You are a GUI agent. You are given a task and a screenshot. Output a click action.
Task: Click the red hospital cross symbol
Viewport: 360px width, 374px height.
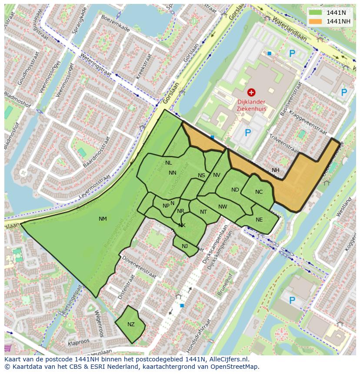(x=251, y=92)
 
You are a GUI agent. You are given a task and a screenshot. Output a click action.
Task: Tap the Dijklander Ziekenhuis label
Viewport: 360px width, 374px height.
(x=251, y=106)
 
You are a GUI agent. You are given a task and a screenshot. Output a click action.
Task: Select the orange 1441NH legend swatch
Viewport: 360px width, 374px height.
(x=316, y=21)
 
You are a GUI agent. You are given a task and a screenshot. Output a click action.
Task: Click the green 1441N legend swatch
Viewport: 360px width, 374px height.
(x=316, y=13)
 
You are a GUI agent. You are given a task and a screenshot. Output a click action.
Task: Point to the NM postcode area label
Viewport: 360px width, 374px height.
(x=103, y=219)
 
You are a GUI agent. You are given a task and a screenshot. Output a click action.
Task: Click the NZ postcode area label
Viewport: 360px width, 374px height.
(x=131, y=324)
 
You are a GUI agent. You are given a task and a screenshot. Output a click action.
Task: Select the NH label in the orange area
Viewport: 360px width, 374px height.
(x=276, y=170)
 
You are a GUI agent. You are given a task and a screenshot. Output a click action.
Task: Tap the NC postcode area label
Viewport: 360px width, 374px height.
(x=259, y=192)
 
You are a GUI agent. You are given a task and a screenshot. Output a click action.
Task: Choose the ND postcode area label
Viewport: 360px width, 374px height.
(x=235, y=190)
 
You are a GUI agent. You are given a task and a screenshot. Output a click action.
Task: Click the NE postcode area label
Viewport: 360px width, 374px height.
(x=259, y=220)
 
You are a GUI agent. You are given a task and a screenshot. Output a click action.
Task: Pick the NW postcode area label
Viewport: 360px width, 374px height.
(x=223, y=207)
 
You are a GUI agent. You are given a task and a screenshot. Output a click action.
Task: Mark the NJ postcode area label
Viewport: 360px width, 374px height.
(x=185, y=246)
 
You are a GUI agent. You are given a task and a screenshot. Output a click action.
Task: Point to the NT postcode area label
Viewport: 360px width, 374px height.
(x=203, y=212)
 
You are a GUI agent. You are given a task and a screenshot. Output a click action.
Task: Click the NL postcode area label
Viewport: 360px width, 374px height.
(x=169, y=163)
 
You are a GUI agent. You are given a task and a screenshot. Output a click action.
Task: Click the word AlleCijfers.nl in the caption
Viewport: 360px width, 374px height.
(x=228, y=359)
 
